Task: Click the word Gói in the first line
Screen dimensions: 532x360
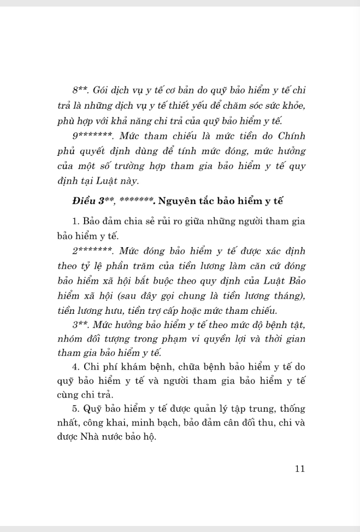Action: point(101,89)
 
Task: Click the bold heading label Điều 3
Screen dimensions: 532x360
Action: point(91,201)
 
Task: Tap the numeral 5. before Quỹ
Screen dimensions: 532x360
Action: point(75,408)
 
